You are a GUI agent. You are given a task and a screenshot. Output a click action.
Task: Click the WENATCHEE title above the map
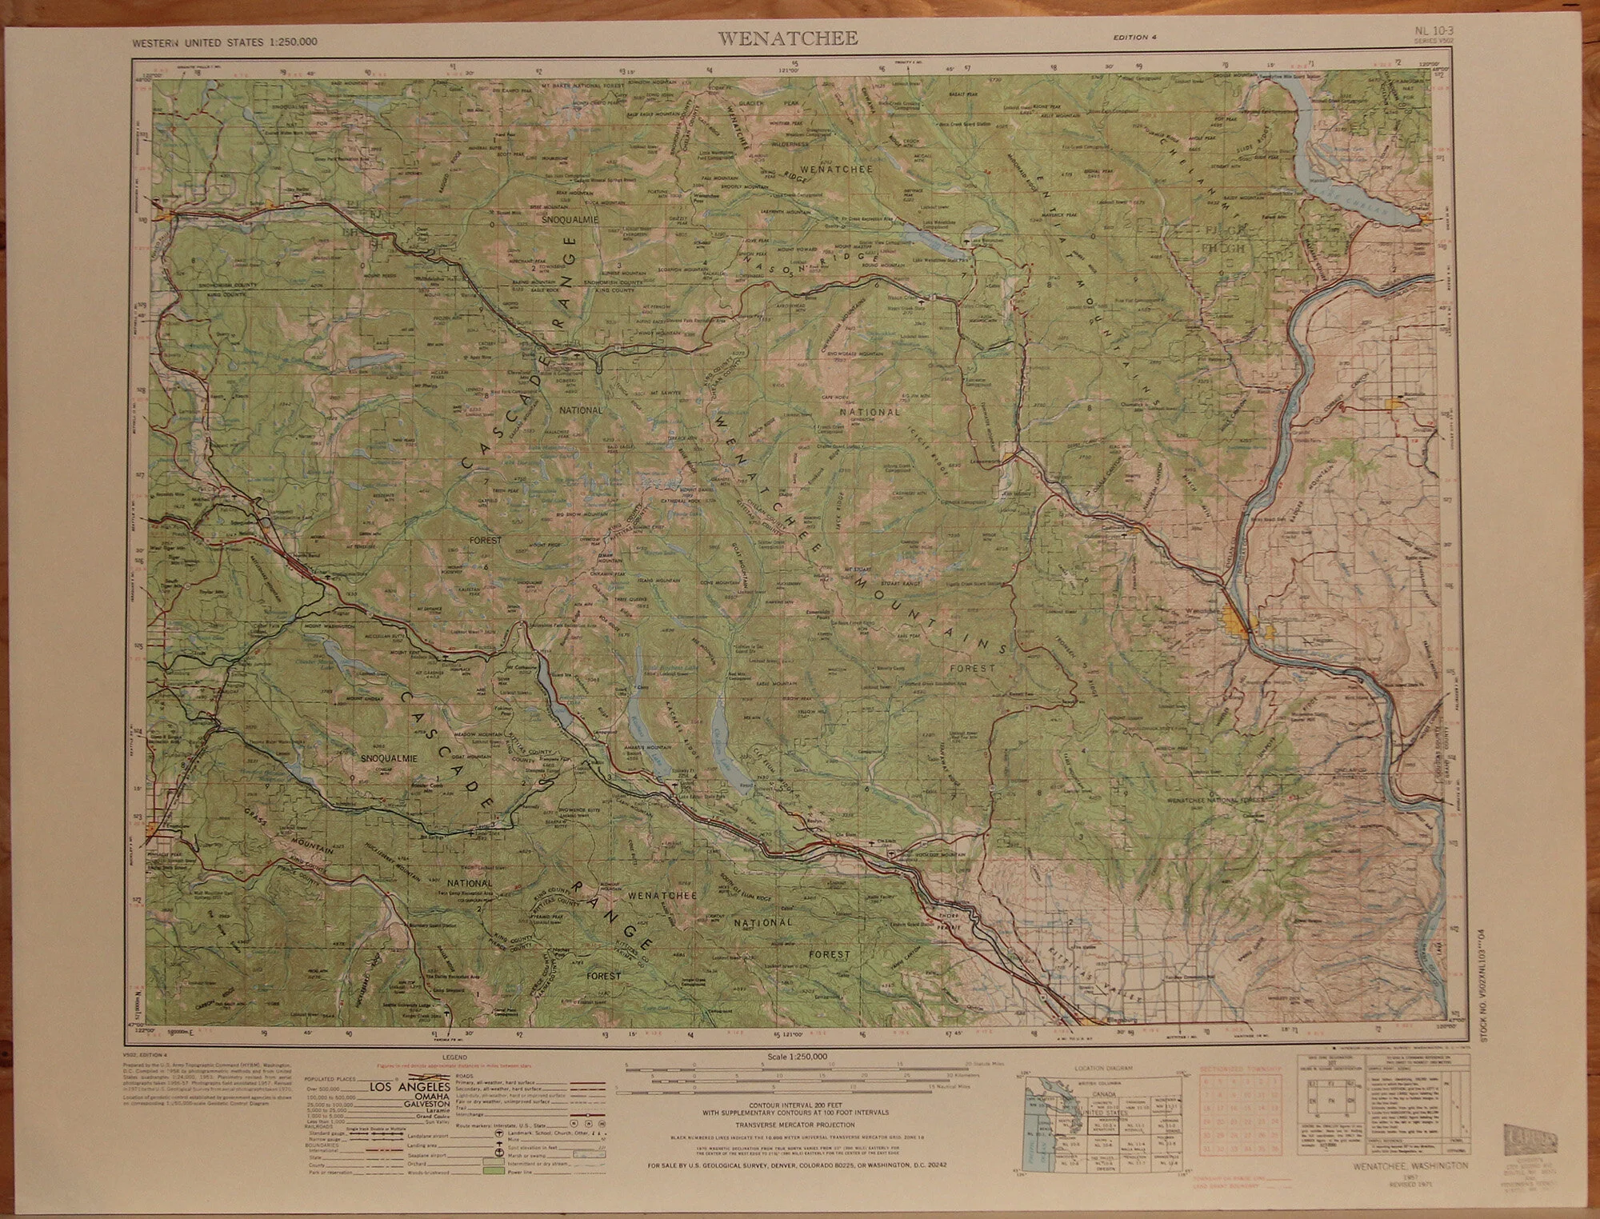tap(787, 38)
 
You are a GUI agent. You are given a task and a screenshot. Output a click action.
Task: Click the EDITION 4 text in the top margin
tap(1134, 37)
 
